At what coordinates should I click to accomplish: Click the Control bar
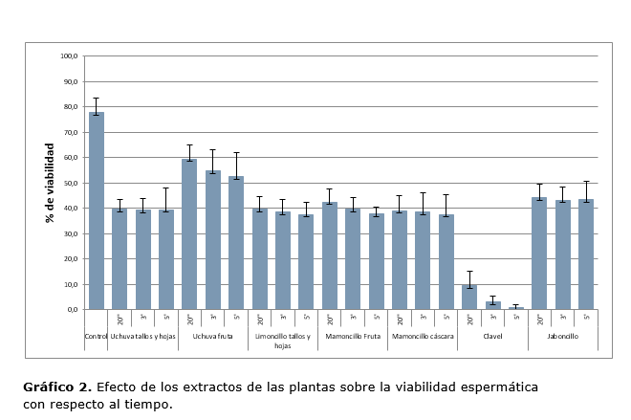(97, 210)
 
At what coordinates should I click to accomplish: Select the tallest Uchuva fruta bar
(189, 234)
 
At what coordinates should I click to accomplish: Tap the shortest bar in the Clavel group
(515, 308)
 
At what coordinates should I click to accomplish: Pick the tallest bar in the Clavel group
(469, 297)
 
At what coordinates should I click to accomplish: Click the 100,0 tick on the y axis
(70, 55)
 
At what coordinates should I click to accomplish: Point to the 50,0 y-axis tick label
(70, 183)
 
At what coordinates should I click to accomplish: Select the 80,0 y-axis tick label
(70, 106)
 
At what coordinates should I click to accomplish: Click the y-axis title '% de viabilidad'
(50, 183)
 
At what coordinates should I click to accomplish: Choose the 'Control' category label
(97, 336)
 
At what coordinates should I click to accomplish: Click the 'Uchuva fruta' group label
(212, 336)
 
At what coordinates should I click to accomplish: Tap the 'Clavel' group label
(492, 336)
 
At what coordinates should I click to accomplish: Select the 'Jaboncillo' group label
(562, 336)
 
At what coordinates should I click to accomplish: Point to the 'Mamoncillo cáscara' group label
(423, 336)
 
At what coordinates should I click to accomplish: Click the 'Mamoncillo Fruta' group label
(353, 336)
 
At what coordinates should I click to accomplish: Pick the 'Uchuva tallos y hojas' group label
(142, 336)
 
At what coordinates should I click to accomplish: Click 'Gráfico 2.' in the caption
(57, 387)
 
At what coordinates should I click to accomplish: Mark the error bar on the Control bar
(97, 105)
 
